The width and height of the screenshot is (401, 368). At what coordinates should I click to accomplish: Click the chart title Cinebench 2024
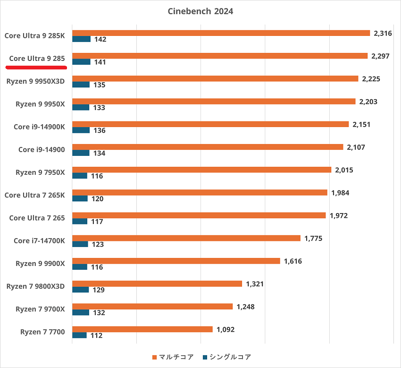pos(200,11)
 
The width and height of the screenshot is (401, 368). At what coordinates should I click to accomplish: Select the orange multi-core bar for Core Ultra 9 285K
pos(221,33)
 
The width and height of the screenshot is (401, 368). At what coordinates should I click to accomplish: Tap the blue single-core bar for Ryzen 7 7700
pos(79,335)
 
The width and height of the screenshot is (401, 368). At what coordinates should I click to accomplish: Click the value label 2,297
pos(380,56)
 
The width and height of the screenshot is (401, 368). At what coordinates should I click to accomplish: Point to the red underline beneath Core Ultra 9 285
pos(36,68)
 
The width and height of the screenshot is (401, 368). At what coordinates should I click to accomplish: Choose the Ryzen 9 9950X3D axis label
pos(36,81)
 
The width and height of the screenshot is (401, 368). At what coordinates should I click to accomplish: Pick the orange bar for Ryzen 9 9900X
pos(176,261)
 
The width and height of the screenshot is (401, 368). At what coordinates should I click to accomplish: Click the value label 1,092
pos(226,329)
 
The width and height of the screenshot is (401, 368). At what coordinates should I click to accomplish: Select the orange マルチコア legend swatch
pos(154,357)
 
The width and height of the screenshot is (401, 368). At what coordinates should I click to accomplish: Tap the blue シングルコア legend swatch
pos(205,357)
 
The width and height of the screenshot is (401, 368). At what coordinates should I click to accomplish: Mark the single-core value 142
pos(100,39)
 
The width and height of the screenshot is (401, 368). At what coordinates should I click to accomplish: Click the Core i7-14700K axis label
pos(39,241)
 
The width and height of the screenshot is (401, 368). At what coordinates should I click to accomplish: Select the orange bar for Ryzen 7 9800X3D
pos(157,283)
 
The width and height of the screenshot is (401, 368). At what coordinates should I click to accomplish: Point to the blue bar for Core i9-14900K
pos(81,130)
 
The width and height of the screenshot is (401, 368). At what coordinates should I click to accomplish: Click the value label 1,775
pos(313,238)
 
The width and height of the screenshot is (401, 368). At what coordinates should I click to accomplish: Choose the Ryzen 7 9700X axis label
pos(40,309)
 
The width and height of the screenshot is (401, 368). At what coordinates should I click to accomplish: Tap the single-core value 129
pos(99,290)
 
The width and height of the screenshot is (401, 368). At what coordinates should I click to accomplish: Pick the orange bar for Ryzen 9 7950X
pos(201,170)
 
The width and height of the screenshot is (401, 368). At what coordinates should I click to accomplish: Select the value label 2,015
pos(344,170)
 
